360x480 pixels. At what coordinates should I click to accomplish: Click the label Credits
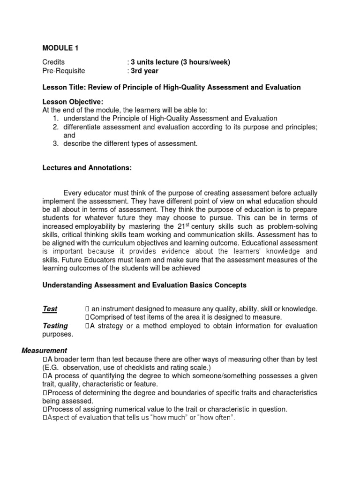(x=53, y=62)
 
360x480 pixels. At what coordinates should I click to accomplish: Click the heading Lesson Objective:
(x=73, y=102)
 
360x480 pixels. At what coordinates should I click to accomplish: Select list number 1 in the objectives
(x=55, y=119)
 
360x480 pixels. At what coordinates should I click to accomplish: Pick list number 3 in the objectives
(x=55, y=143)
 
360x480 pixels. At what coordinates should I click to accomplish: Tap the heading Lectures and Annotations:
(x=87, y=168)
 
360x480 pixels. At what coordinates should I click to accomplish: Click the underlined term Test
(x=50, y=308)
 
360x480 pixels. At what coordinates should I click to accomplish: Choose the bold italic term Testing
(x=55, y=325)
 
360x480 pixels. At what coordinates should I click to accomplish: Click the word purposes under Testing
(x=58, y=334)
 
